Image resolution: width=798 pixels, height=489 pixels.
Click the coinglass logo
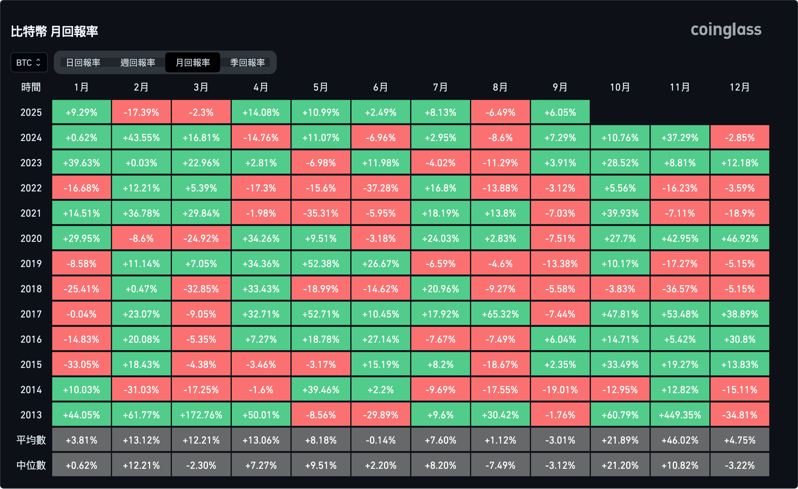pos(726,30)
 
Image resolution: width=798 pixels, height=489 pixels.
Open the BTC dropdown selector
pos(29,62)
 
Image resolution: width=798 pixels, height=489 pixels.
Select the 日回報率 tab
pos(83,62)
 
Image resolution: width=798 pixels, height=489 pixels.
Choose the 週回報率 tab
pos(138,62)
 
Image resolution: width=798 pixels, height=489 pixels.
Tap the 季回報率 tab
pos(247,62)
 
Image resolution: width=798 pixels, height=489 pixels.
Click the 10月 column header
pos(620,87)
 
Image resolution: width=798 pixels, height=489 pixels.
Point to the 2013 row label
pos(31,415)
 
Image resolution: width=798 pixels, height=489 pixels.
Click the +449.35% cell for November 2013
pos(680,415)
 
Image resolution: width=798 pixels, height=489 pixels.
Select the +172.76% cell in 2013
pos(201,415)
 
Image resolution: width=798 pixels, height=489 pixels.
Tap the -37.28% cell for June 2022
pos(381,188)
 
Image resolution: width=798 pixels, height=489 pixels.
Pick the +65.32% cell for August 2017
pos(501,314)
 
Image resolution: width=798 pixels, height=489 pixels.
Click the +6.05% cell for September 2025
pos(560,112)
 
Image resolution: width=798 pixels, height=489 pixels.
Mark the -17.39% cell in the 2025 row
pos(141,112)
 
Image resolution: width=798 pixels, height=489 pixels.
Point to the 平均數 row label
pos(31,440)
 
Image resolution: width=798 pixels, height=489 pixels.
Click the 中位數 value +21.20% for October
pos(620,465)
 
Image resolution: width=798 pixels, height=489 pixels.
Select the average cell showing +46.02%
pos(680,440)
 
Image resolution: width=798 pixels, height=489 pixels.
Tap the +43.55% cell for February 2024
pos(141,137)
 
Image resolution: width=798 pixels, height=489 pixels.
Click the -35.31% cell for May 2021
pos(321,213)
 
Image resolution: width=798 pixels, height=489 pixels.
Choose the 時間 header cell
pos(31,87)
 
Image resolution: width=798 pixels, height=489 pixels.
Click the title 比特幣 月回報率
pos(54,32)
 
